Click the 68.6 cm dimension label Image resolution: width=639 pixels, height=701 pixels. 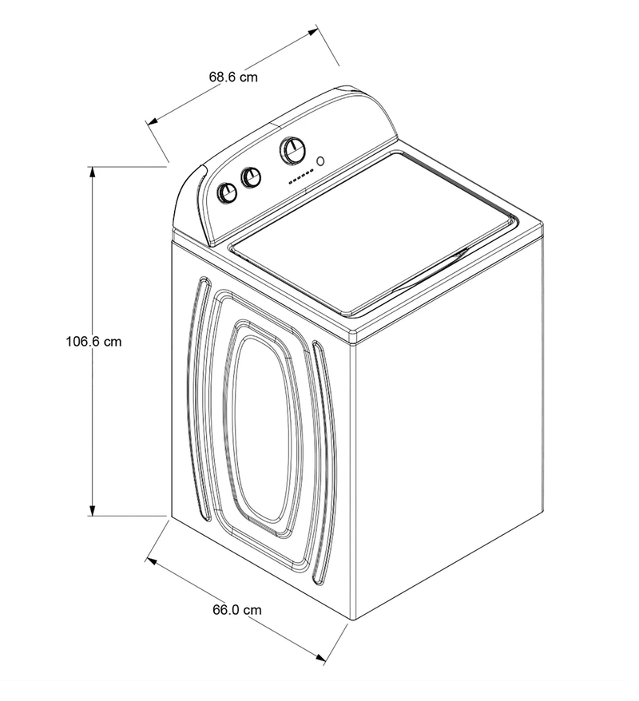point(233,77)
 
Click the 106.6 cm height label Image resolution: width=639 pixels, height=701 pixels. point(93,341)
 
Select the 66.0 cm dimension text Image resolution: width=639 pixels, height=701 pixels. point(236,609)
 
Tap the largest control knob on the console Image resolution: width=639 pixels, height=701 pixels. point(292,150)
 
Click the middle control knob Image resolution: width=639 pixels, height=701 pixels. point(252,177)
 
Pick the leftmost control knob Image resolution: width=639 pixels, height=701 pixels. point(228,192)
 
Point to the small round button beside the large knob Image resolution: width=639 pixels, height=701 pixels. point(321,160)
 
